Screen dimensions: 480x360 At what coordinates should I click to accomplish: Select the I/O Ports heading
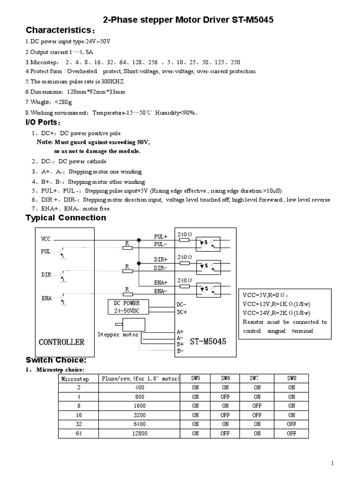tap(43, 122)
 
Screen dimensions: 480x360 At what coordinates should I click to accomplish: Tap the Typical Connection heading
tap(66, 218)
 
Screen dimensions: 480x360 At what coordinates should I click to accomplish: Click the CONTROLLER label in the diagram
tap(61, 342)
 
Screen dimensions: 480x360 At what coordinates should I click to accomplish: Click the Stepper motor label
tap(118, 335)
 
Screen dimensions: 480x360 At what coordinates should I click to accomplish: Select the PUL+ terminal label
tap(161, 237)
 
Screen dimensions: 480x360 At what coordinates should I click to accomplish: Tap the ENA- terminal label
tap(161, 291)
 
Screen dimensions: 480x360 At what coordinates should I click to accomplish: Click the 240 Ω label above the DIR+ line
tap(185, 257)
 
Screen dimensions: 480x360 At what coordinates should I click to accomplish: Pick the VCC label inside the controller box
tap(45, 239)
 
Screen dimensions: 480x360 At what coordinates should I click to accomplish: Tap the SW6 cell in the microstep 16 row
tap(225, 415)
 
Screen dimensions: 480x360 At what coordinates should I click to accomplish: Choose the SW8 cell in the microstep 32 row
tap(292, 424)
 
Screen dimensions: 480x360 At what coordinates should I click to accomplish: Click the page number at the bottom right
tap(332, 464)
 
